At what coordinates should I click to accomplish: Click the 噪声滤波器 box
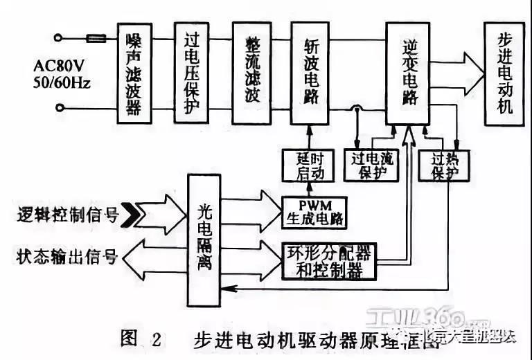point(134,73)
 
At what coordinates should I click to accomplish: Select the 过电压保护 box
point(191,73)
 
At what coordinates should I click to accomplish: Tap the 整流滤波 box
point(251,73)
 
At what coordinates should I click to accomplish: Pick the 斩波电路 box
point(310,73)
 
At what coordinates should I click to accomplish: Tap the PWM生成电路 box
point(314,212)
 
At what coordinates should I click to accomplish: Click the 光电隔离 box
point(204,239)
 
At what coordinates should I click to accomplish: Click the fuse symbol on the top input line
point(95,39)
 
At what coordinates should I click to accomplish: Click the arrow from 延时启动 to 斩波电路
point(310,136)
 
